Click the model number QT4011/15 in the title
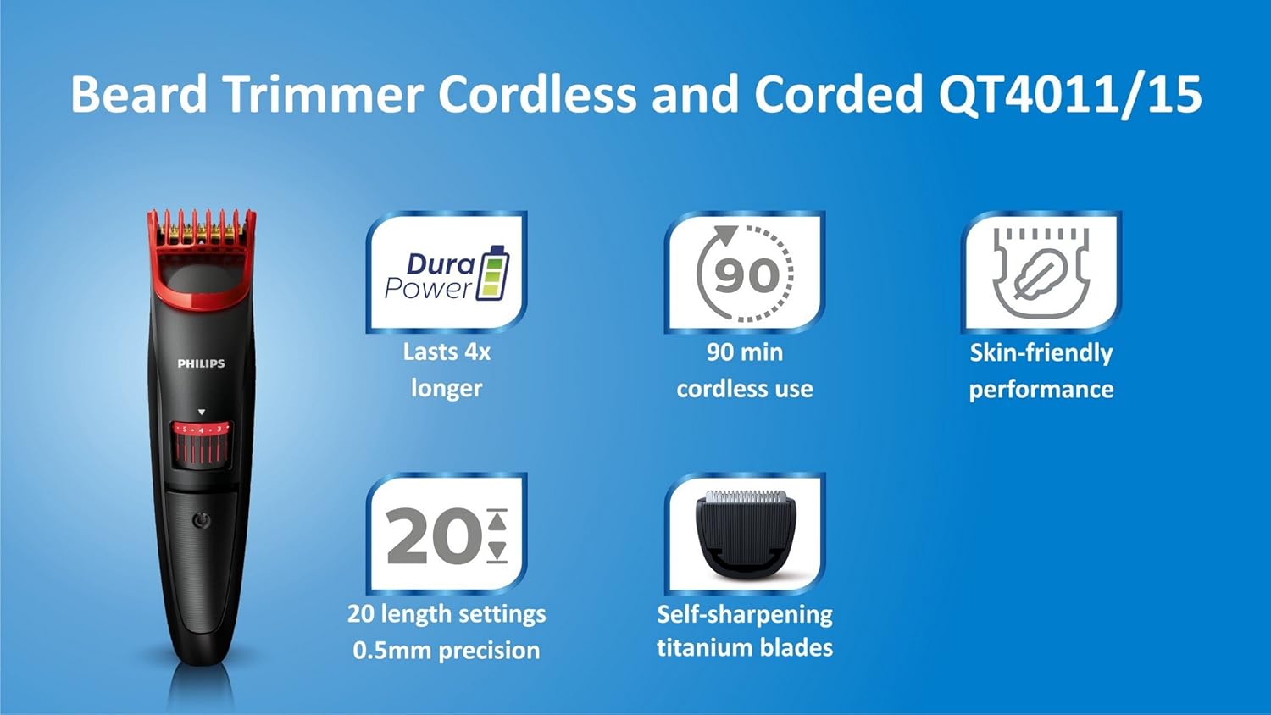pyautogui.click(x=1069, y=94)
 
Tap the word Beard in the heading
pyautogui.click(x=139, y=94)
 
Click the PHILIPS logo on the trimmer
pyautogui.click(x=201, y=363)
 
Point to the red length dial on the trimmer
pyautogui.click(x=202, y=444)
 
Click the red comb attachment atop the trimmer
pyautogui.click(x=202, y=254)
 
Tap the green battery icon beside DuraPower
pyautogui.click(x=493, y=273)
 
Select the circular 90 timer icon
pyautogui.click(x=745, y=274)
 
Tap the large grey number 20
pyautogui.click(x=433, y=537)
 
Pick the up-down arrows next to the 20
pyautogui.click(x=497, y=535)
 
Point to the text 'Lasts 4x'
pyautogui.click(x=447, y=352)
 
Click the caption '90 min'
pyautogui.click(x=745, y=352)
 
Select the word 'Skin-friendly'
pyautogui.click(x=1041, y=352)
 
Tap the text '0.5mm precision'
pyautogui.click(x=447, y=651)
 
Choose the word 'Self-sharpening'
pyautogui.click(x=745, y=614)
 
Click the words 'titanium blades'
pyautogui.click(x=745, y=648)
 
